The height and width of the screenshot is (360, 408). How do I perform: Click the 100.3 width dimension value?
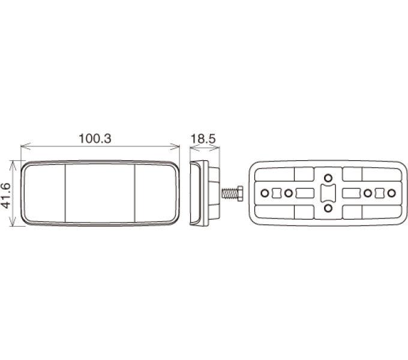pyautogui.click(x=95, y=139)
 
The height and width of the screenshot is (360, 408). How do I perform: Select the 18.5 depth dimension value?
pyautogui.click(x=203, y=139)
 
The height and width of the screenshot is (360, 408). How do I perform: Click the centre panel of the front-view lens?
pyautogui.click(x=100, y=193)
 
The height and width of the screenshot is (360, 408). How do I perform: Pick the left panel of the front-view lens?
pyautogui.click(x=44, y=193)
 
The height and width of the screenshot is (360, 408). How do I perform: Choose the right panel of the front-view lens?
pyautogui.click(x=155, y=193)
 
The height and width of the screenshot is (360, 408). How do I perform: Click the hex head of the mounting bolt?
pyautogui.click(x=240, y=193)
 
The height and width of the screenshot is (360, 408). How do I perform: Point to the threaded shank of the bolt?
pyautogui.click(x=229, y=193)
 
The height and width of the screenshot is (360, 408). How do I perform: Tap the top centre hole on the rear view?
pyautogui.click(x=328, y=178)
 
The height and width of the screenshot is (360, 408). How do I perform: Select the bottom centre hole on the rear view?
pyautogui.click(x=328, y=208)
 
